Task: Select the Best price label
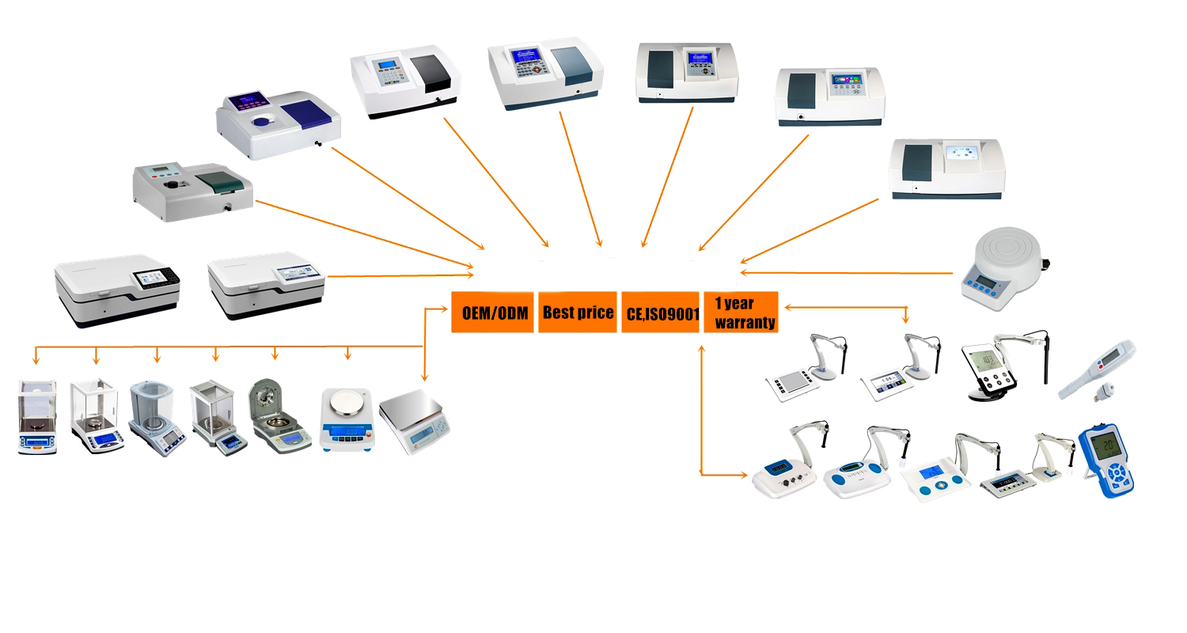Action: [x=578, y=312]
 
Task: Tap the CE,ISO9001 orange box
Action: [x=661, y=312]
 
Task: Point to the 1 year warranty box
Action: [x=741, y=312]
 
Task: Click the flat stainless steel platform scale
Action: [x=413, y=419]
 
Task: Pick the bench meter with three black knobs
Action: [x=779, y=475]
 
